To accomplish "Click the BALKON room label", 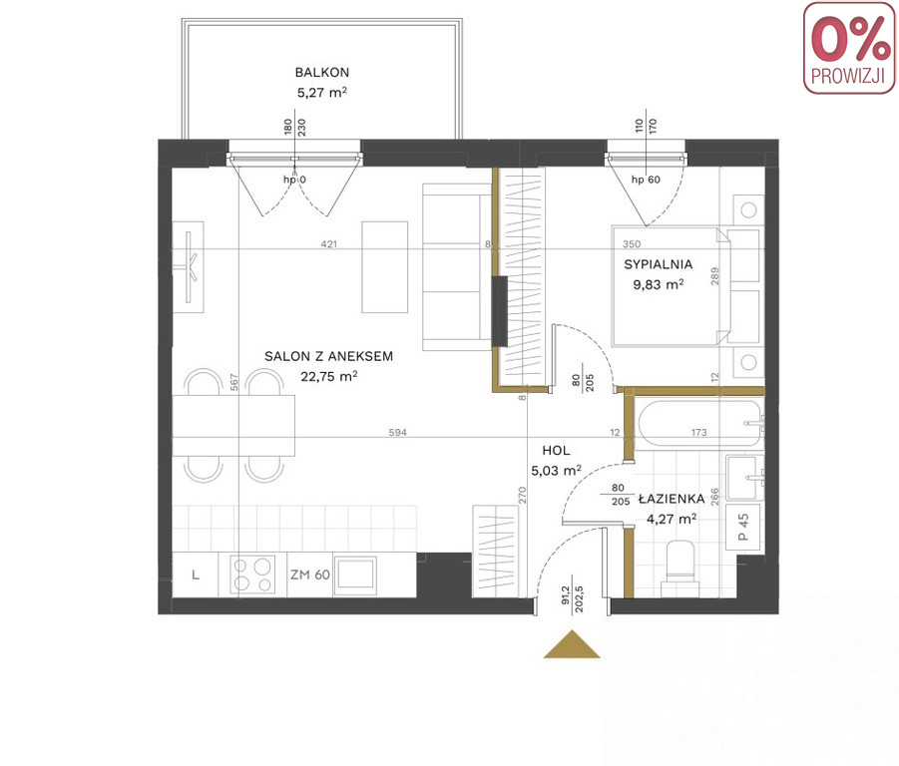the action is [x=321, y=72].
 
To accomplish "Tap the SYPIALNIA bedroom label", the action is [x=659, y=264].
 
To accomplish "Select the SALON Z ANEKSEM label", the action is [x=328, y=356].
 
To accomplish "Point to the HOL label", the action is [x=556, y=450].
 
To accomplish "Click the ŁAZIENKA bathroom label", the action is [x=672, y=499].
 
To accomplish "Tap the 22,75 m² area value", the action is [x=329, y=376].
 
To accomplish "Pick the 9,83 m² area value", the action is [x=659, y=284].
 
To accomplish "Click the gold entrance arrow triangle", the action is [x=572, y=644].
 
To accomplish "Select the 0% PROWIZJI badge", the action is [x=849, y=48].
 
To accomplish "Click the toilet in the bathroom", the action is [x=680, y=569].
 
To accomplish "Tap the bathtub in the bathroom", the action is [x=698, y=424].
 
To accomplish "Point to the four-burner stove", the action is [x=252, y=574].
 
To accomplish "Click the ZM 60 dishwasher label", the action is [x=310, y=574].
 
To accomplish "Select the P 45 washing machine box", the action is [x=743, y=527].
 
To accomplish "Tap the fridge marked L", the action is [x=195, y=575].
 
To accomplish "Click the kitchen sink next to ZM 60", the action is [x=355, y=574].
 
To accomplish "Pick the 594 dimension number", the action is [x=397, y=433].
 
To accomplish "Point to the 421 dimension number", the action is [x=328, y=244].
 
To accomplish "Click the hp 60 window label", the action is [x=646, y=180].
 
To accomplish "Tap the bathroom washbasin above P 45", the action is [x=744, y=478].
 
